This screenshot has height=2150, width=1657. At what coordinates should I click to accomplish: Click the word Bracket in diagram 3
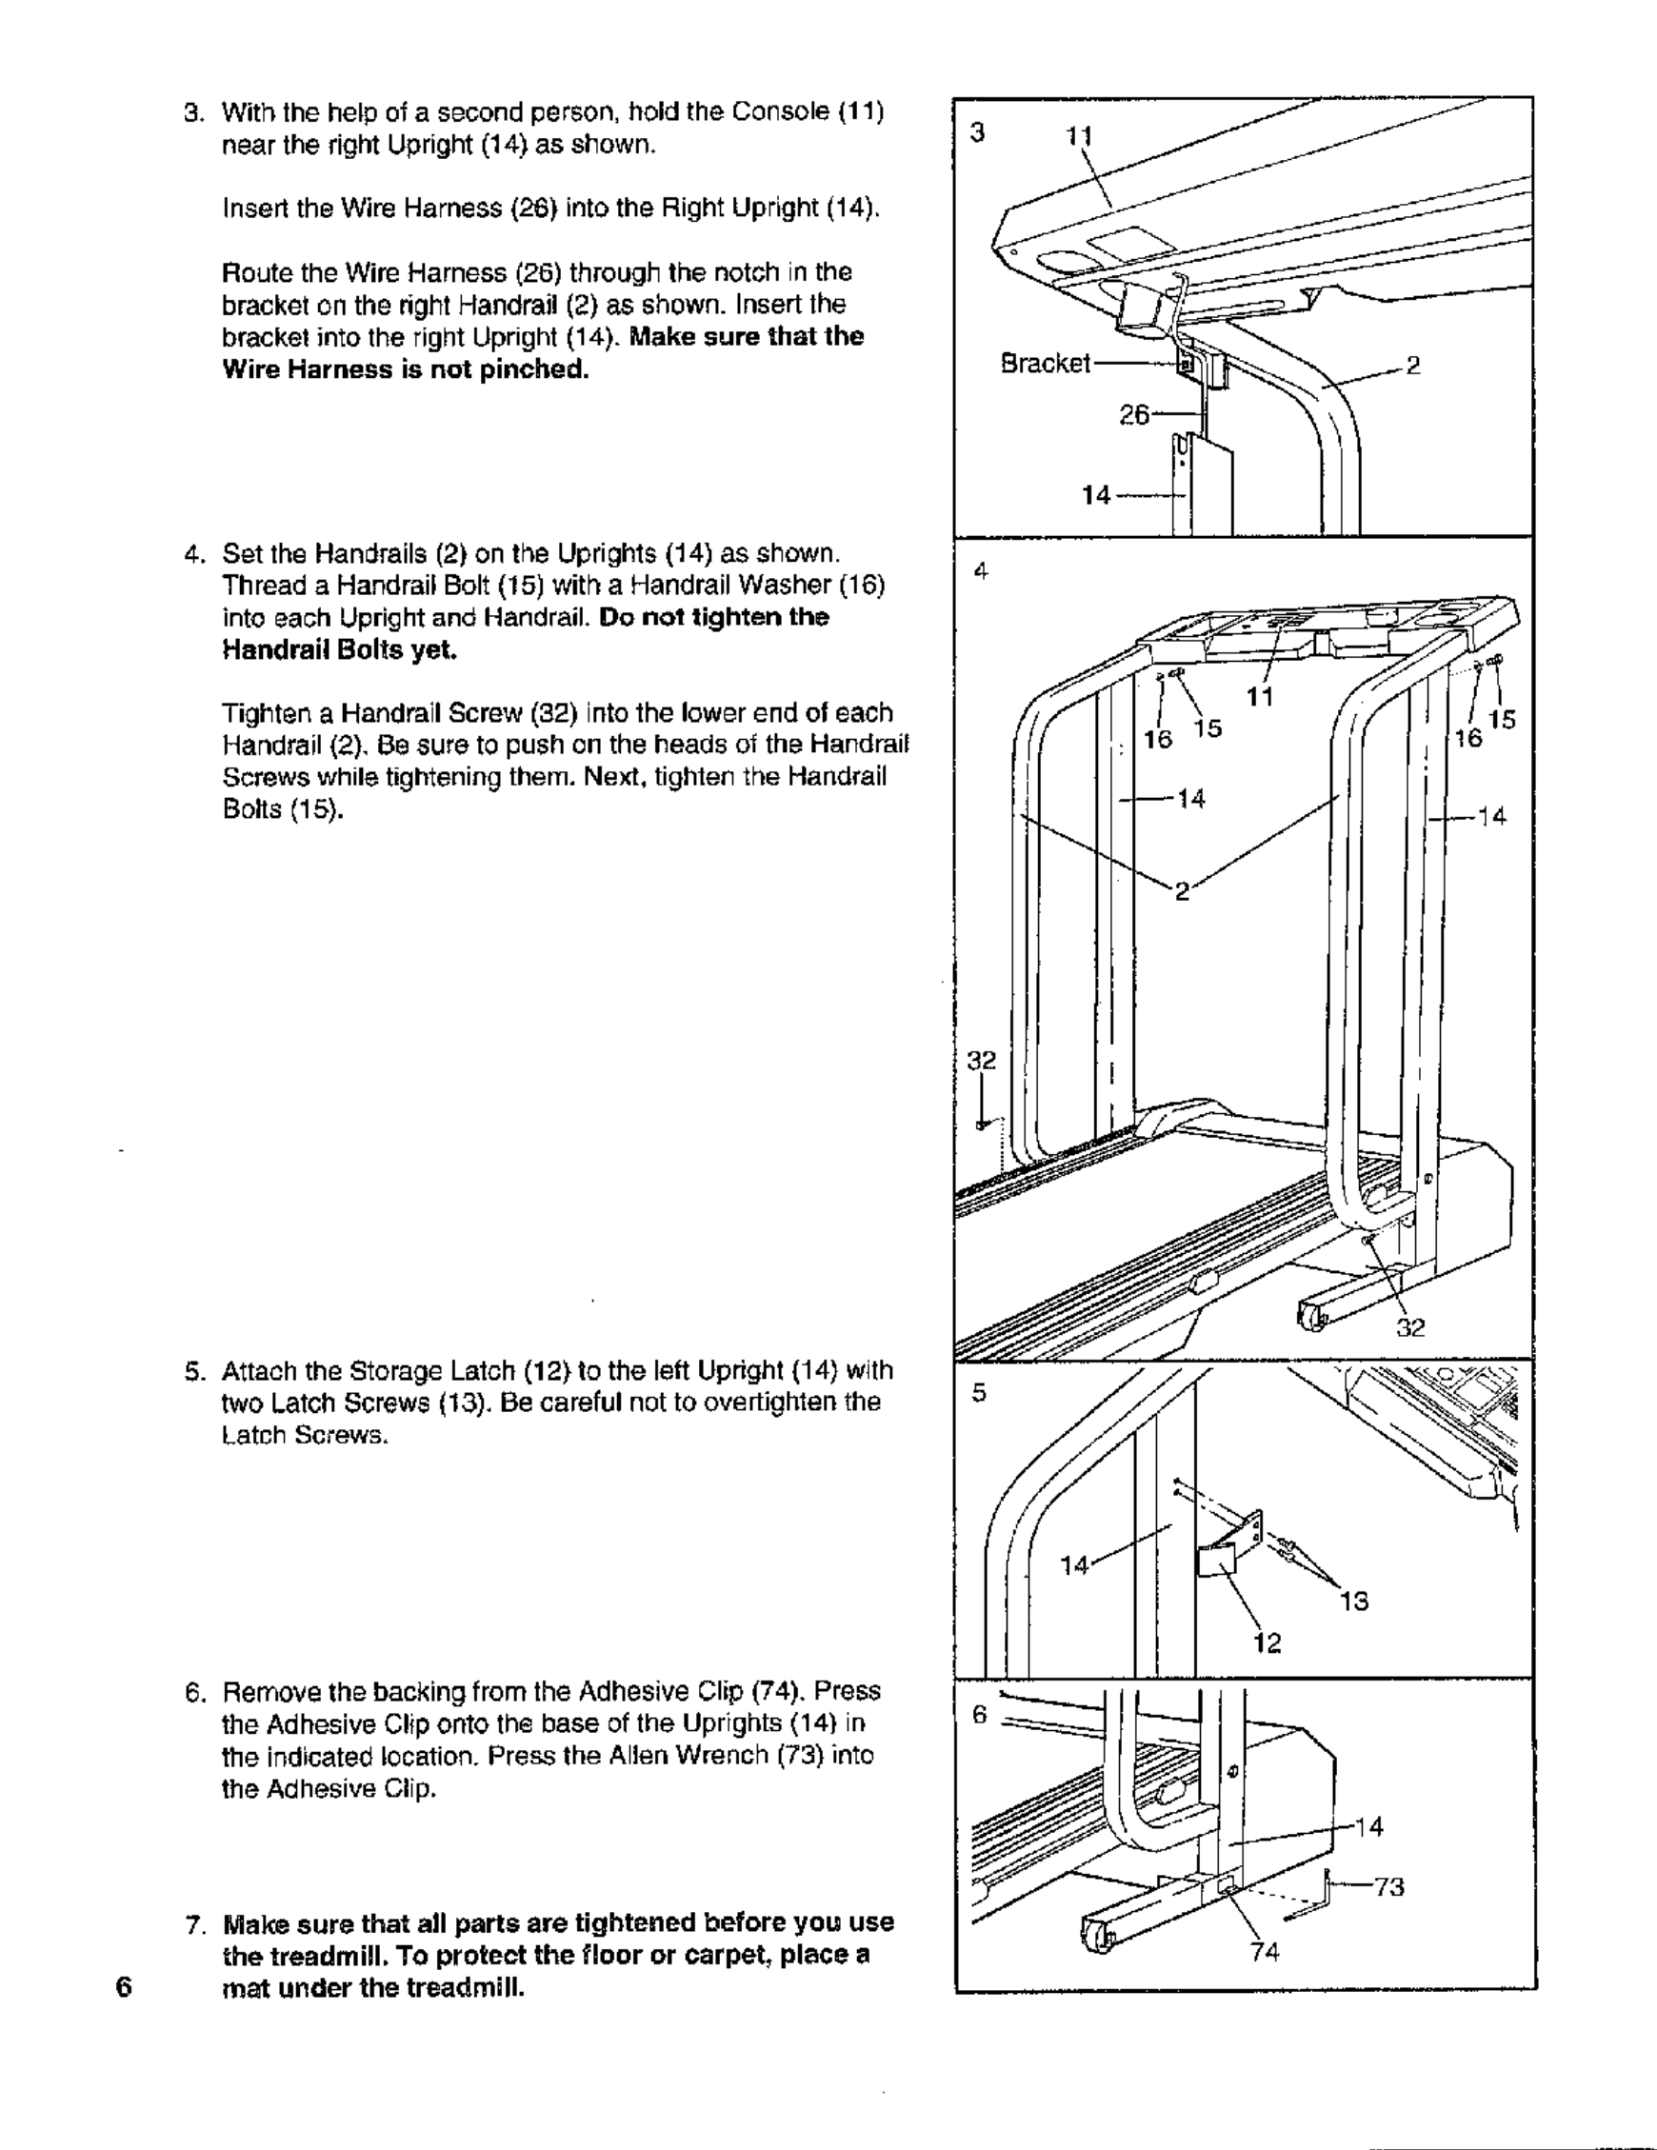point(1045,364)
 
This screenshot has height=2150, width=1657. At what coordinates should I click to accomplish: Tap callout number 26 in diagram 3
point(1134,414)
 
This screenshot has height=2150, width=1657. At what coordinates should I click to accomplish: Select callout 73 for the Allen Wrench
point(1389,1886)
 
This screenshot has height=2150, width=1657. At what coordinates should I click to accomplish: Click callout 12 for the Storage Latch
point(1268,1642)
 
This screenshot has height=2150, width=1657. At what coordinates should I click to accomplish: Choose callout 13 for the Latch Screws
point(1355,1602)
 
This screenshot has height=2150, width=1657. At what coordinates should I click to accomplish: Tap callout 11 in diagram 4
point(1260,697)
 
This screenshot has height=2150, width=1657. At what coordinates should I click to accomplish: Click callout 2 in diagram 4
point(1183,891)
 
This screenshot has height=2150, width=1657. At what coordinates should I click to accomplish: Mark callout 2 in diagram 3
point(1414,367)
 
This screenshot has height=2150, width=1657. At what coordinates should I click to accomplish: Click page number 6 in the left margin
point(123,1985)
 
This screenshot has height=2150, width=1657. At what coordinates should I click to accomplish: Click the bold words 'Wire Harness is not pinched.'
point(406,369)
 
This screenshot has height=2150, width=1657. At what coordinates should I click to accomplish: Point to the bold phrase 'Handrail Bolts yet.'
point(340,649)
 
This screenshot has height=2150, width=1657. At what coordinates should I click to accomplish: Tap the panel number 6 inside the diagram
point(979,1714)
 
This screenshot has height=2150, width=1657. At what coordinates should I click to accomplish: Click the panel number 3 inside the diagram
point(977,133)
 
